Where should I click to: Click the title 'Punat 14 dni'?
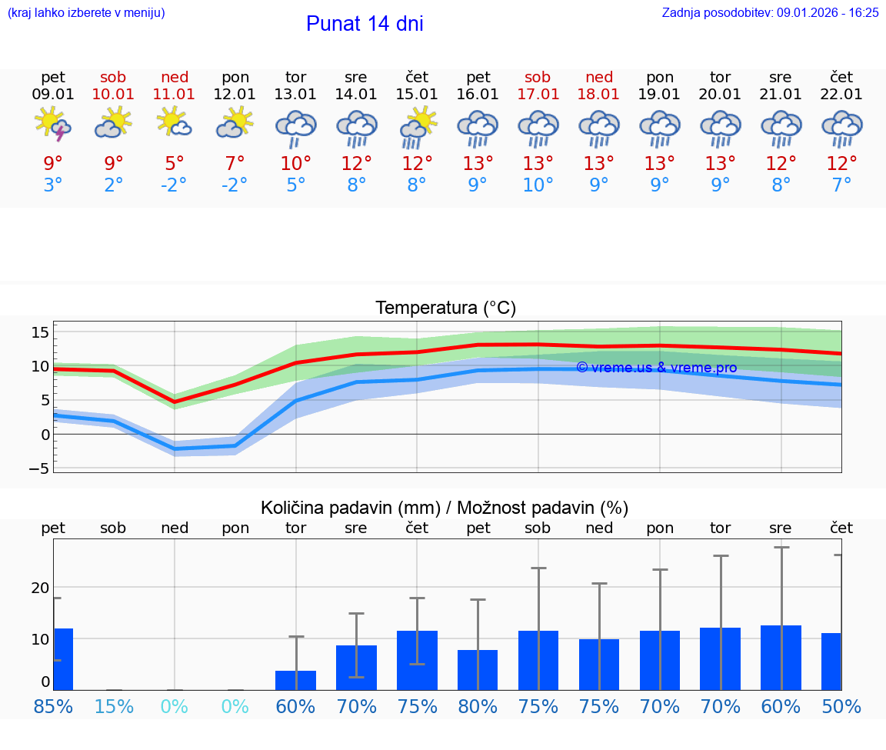click(365, 24)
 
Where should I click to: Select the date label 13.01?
click(295, 95)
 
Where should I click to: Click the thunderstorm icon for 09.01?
click(53, 125)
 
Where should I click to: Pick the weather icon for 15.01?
click(417, 126)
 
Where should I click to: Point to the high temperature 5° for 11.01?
click(175, 164)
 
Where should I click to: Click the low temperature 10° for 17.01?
click(538, 185)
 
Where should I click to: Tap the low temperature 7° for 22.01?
click(841, 185)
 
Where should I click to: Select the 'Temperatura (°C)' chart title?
click(445, 308)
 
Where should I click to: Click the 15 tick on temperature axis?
click(40, 332)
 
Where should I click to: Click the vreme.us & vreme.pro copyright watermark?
click(656, 368)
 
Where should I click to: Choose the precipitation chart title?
click(444, 508)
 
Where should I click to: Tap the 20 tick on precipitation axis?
click(40, 588)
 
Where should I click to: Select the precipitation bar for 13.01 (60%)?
click(295, 681)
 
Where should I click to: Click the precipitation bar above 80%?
click(478, 670)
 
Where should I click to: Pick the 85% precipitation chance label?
click(53, 706)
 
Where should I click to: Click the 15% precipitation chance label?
click(114, 706)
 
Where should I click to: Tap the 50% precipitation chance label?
click(841, 706)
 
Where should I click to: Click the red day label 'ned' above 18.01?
click(599, 77)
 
